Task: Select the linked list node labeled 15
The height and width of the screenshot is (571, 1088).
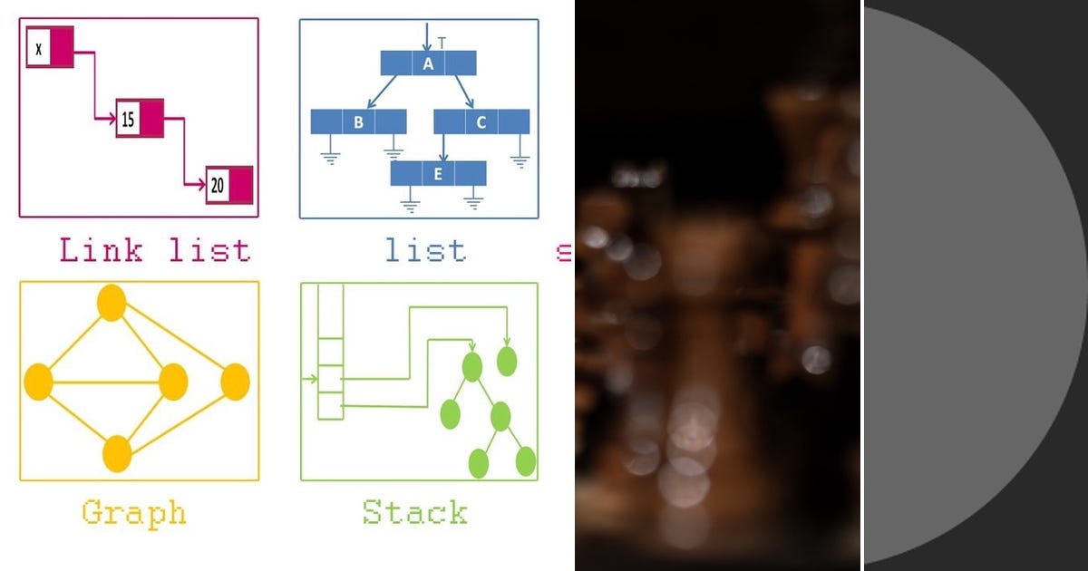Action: click(139, 119)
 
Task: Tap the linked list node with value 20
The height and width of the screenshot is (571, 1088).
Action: click(228, 186)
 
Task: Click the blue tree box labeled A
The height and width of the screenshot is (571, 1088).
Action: click(428, 63)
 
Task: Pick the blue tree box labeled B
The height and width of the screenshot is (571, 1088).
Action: click(358, 121)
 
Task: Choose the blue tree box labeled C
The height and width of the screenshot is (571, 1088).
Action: click(481, 121)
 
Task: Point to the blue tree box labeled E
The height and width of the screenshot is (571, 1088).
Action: click(438, 174)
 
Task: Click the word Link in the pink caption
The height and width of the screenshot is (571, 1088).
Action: click(101, 250)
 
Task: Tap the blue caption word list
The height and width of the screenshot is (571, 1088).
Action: click(425, 250)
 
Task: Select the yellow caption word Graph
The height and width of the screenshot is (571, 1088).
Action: click(134, 513)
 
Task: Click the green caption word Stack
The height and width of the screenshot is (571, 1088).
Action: click(415, 513)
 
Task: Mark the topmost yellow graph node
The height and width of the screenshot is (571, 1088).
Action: click(111, 303)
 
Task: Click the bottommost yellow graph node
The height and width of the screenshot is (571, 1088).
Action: click(117, 453)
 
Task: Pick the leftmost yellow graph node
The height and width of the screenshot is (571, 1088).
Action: click(38, 381)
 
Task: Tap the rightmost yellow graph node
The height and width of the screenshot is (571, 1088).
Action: click(234, 381)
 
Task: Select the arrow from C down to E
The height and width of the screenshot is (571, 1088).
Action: click(443, 148)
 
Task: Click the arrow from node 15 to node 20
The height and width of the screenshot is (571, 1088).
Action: click(185, 154)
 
